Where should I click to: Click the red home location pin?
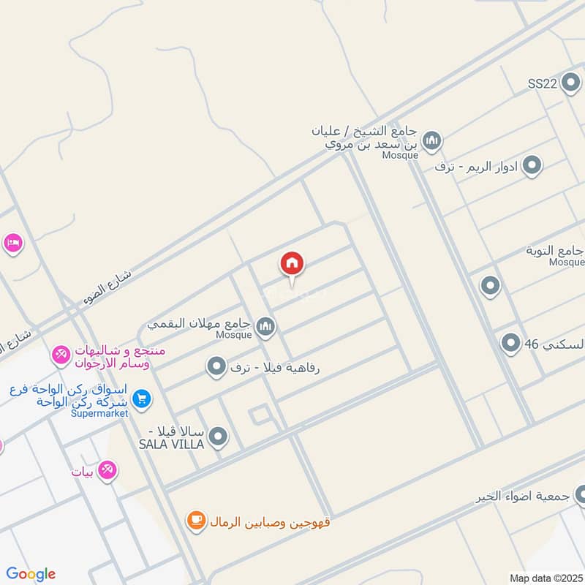(x=292, y=265)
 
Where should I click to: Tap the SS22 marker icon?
(x=570, y=83)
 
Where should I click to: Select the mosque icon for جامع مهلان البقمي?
(x=265, y=325)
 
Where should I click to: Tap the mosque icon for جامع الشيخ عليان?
(x=432, y=139)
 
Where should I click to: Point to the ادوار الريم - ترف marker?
(x=532, y=166)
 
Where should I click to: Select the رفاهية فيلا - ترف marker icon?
(x=216, y=366)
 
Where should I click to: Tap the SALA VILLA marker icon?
(x=217, y=437)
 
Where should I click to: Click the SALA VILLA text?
(x=176, y=444)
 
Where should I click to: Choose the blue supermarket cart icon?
(x=142, y=399)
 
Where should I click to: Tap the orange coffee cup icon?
(x=195, y=521)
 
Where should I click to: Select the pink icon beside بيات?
(x=107, y=469)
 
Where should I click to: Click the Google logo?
(x=31, y=574)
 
